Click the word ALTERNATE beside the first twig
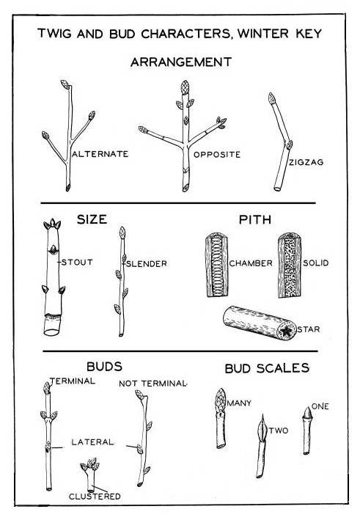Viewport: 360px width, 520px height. [100, 154]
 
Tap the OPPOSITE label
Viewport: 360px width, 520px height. [217, 155]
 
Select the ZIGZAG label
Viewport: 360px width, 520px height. [306, 162]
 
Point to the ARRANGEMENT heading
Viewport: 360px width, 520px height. [181, 62]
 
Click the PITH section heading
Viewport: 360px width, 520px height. [255, 219]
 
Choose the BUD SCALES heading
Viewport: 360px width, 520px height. [267, 368]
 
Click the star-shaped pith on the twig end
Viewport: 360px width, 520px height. [287, 331]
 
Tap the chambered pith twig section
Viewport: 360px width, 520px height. [217, 265]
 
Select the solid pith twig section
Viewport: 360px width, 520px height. [290, 265]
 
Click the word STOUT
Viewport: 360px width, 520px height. [77, 263]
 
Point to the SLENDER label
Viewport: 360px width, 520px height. [146, 264]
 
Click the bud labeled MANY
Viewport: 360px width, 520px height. [221, 400]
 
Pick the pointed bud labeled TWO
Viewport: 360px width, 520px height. [262, 428]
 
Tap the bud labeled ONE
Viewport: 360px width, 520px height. [307, 412]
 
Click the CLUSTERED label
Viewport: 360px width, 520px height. [95, 497]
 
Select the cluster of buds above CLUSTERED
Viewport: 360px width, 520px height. [90, 465]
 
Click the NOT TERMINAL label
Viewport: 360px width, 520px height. [153, 384]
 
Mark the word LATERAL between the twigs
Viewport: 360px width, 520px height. [92, 442]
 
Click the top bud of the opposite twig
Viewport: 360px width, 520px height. [185, 87]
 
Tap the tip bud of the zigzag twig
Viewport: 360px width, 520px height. [272, 98]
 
